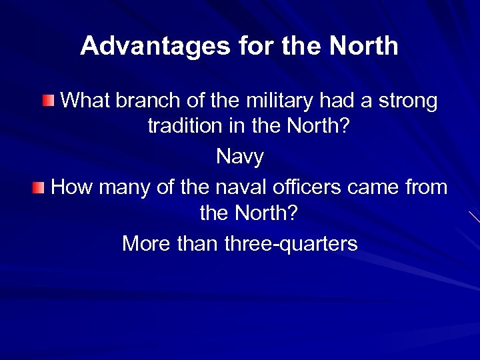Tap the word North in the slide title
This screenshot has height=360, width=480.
click(364, 46)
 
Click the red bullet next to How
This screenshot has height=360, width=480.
click(39, 187)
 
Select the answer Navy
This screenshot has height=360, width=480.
click(240, 157)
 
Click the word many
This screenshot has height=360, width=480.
click(125, 187)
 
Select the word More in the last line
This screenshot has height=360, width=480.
click(145, 244)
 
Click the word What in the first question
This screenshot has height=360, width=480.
click(85, 101)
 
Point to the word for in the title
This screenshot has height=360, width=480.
click(253, 46)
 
